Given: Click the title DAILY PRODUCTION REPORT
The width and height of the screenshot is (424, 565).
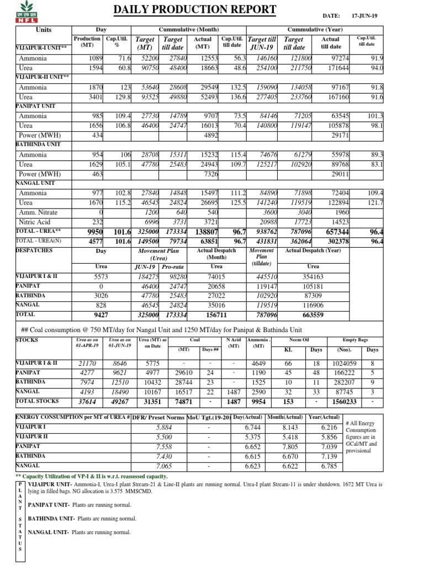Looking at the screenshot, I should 194,9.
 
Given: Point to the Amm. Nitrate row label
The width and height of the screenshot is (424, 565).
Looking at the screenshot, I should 40,212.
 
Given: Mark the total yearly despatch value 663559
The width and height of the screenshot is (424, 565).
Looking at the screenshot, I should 312,314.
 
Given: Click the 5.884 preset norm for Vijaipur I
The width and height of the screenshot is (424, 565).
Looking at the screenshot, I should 164,427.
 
